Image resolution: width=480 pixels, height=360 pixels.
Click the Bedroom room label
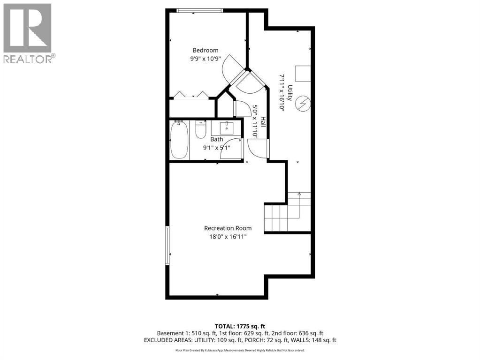click(206, 51)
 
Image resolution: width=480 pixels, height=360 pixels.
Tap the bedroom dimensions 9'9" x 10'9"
click(206, 59)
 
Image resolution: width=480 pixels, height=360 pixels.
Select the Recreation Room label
click(228, 228)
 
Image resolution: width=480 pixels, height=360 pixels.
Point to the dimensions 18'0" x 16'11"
click(228, 237)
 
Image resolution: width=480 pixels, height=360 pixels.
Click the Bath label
click(216, 139)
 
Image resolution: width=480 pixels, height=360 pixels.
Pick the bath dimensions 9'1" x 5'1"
click(216, 147)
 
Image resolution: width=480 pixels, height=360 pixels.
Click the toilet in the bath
click(200, 130)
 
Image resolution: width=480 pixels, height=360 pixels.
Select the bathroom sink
click(227, 127)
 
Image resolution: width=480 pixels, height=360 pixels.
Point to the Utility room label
click(290, 93)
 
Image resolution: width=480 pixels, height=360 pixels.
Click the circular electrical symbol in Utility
click(304, 103)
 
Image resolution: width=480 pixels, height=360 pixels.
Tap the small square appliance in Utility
click(303, 74)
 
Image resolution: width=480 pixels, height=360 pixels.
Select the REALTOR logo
click(28, 33)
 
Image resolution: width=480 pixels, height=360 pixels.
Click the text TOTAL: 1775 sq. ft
click(240, 326)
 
